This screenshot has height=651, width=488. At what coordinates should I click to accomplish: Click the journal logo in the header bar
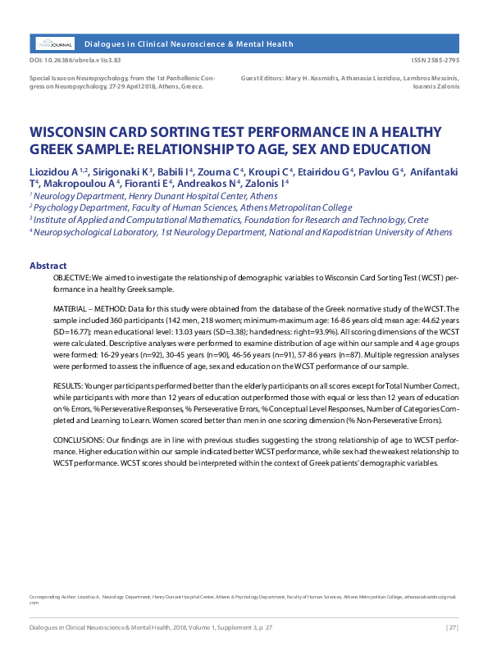54,43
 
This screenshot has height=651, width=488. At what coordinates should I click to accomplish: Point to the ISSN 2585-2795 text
435,61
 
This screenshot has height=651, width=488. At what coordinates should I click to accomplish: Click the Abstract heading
48,266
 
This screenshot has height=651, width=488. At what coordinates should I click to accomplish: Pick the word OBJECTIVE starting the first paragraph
72,280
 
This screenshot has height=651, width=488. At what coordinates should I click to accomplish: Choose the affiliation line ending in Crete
229,220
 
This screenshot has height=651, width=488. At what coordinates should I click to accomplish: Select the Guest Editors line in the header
350,80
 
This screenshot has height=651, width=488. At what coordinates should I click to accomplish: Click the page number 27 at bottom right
452,628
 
